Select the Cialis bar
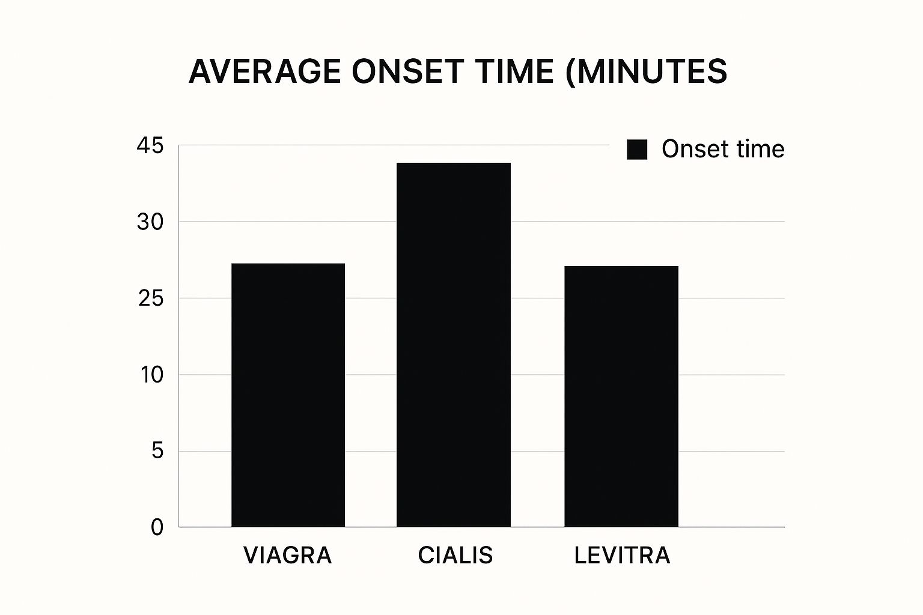pos(454,345)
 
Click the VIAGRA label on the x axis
pos(288,556)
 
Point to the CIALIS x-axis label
pos(455,556)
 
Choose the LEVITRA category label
pos(622,556)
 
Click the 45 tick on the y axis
pos(150,146)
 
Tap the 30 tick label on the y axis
pos(150,222)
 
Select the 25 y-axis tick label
pos(150,298)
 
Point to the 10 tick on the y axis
pos(151,375)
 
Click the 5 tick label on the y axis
pos(157,451)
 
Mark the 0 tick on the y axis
pos(157,527)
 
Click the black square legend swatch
pos(637,150)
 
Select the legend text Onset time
pos(723,149)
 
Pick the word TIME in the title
pos(514,71)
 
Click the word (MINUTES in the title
pos(646,71)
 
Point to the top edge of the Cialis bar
pos(454,163)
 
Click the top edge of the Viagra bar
pos(288,264)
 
